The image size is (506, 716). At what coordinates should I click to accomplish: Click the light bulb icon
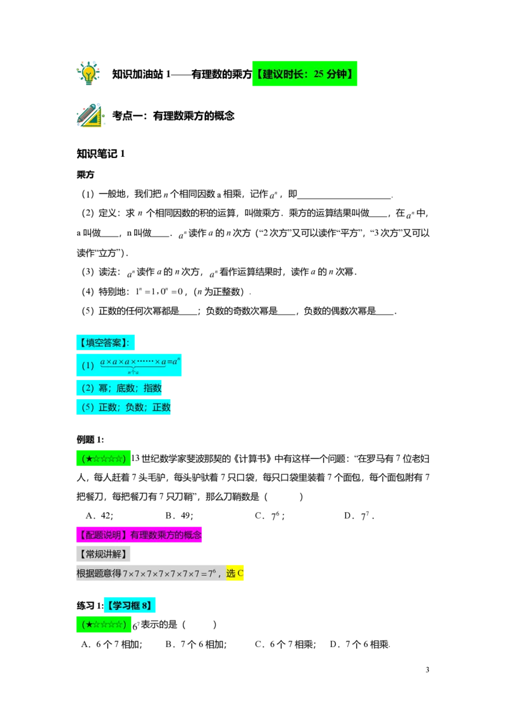coord(88,73)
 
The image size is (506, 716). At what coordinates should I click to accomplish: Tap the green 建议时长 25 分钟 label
coord(305,73)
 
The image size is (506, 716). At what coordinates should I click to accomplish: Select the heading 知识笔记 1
coord(101,154)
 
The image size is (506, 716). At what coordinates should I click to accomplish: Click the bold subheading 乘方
coord(85,175)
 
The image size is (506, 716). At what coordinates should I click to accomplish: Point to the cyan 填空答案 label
coord(105,342)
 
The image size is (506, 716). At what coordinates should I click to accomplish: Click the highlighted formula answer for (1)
coord(129,365)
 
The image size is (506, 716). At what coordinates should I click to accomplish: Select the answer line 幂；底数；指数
coord(119,388)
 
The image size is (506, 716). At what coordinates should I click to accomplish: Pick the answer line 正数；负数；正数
coord(123,407)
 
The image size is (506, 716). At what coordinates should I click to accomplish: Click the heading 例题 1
coord(90,440)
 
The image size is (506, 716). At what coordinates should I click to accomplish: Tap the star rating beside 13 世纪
coord(103,459)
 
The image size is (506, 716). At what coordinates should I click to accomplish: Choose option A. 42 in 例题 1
coord(99,515)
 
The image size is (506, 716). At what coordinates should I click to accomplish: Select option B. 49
coord(180,515)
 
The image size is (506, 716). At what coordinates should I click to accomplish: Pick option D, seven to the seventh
coord(359,515)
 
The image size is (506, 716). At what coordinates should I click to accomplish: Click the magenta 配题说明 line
coord(139,534)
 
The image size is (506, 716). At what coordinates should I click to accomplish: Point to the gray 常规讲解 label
coord(103,554)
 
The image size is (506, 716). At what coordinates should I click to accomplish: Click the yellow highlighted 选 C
coord(235,573)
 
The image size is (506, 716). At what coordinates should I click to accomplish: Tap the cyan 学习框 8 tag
coord(130,605)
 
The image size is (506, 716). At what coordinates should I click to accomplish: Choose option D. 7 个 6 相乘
coord(360,645)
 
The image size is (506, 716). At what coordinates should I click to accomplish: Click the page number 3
coord(428,670)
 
